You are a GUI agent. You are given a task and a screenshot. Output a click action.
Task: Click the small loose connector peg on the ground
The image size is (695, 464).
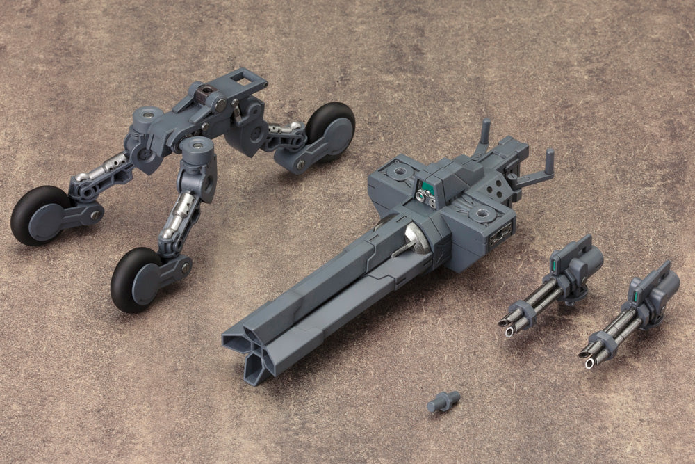click(x=443, y=401)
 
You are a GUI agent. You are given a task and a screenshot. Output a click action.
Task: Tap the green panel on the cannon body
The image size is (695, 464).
click(x=430, y=186)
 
